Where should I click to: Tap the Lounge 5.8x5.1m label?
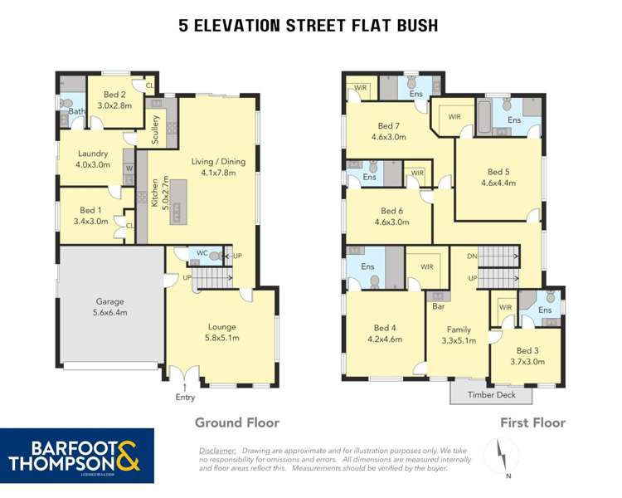click(221, 332)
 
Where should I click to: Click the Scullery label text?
click(155, 130)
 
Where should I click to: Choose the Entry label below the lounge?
click(186, 398)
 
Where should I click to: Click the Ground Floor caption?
click(236, 422)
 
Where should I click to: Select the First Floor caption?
click(532, 422)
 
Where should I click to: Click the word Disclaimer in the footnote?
click(217, 448)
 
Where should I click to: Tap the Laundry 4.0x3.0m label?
click(93, 159)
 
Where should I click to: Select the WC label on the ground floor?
click(202, 253)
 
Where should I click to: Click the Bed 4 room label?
click(386, 333)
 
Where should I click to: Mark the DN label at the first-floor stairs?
click(472, 256)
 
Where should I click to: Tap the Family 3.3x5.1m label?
click(459, 334)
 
